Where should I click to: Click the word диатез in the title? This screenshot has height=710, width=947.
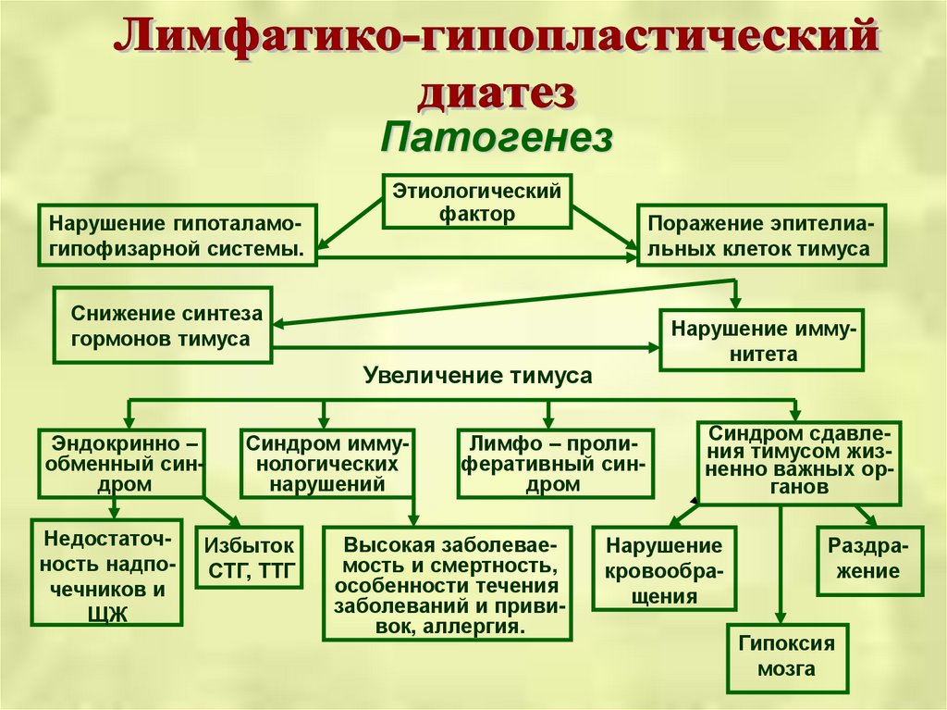pyautogui.click(x=498, y=93)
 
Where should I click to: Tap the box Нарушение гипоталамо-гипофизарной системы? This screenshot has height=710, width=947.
pyautogui.click(x=177, y=236)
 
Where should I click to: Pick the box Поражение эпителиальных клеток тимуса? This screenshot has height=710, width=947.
pyautogui.click(x=757, y=236)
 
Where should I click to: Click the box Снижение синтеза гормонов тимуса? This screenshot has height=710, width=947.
pyautogui.click(x=164, y=326)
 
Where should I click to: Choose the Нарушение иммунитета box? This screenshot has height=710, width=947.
pyautogui.click(x=761, y=341)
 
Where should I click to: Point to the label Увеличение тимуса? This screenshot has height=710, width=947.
pyautogui.click(x=477, y=376)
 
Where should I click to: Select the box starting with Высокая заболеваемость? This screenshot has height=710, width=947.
pyautogui.click(x=447, y=584)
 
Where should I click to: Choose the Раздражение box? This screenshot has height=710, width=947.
pyautogui.click(x=869, y=558)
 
